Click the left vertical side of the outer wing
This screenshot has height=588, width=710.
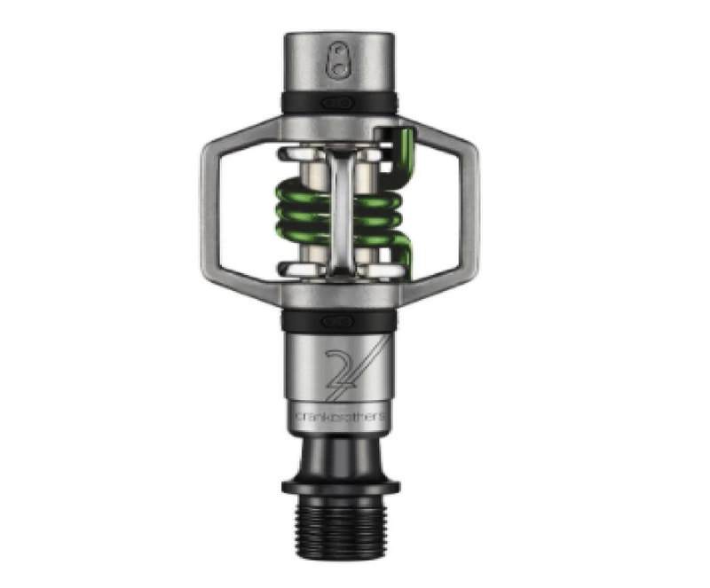[x=209, y=213]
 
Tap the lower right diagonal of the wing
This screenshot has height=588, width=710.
[x=439, y=294]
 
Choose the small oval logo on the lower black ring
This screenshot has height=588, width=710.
[x=338, y=322]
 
